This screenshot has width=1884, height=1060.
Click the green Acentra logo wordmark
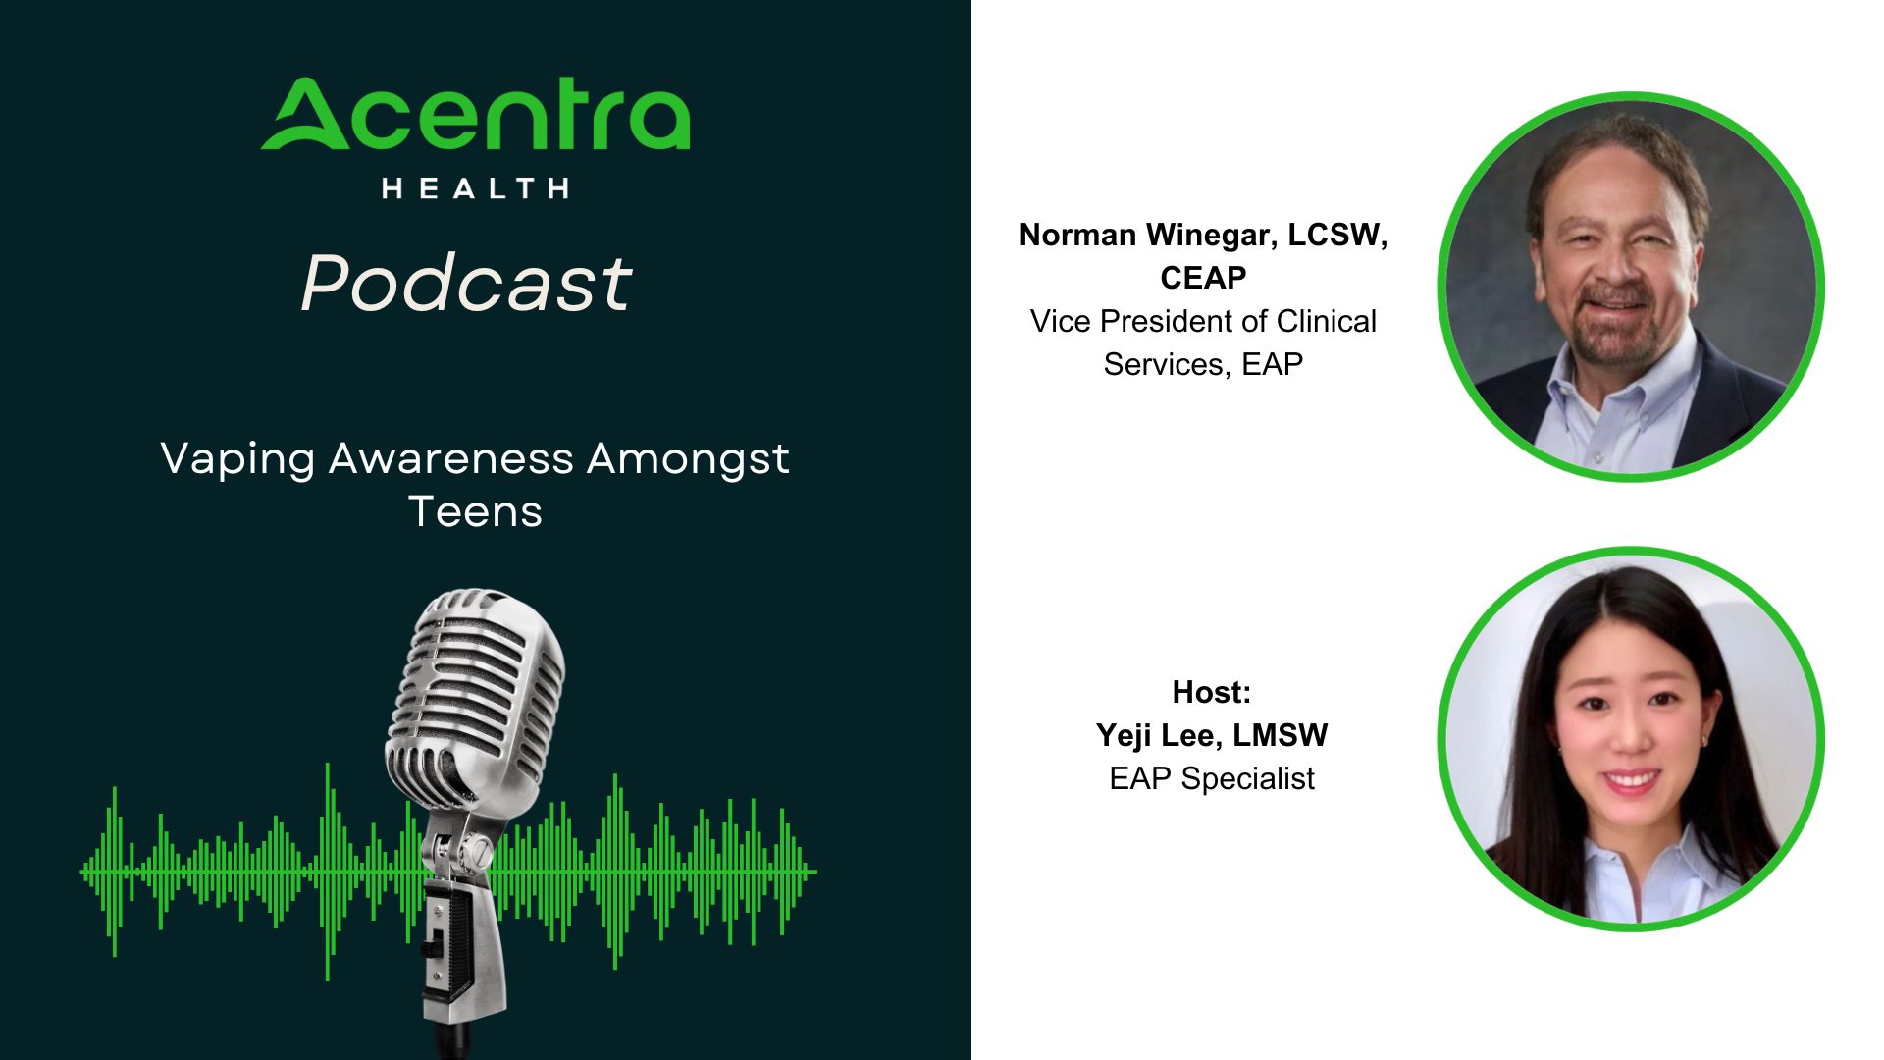coord(475,115)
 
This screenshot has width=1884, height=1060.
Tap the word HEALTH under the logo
coord(475,188)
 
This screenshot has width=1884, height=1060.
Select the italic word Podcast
coord(466,284)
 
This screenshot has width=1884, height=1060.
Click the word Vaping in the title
coord(237,459)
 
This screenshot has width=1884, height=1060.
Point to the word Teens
coord(475,511)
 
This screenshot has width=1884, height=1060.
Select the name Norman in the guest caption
coord(1078,235)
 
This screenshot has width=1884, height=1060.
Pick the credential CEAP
coord(1203,278)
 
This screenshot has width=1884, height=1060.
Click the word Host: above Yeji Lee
coord(1212,692)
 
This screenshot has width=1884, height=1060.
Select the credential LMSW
coord(1281,735)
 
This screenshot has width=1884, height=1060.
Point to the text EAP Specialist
coord(1212,778)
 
